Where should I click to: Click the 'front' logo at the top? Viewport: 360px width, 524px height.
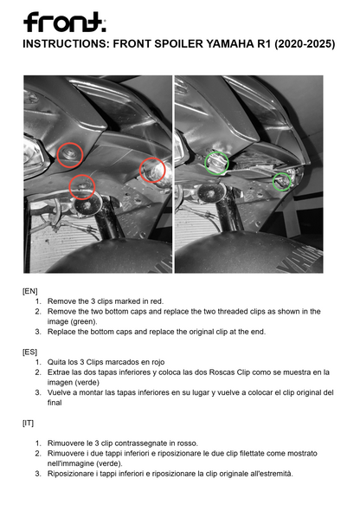point(64,21)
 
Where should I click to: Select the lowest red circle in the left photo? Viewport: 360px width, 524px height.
point(82,185)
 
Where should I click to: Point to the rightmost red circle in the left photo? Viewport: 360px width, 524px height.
point(152,170)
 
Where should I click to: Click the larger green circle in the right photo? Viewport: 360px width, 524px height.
point(214,161)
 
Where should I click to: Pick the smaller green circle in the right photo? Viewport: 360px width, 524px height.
point(281,181)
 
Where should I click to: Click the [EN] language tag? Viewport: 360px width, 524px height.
point(31,291)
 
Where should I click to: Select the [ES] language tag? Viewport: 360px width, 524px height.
point(31,352)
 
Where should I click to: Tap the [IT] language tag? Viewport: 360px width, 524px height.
point(29,422)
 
